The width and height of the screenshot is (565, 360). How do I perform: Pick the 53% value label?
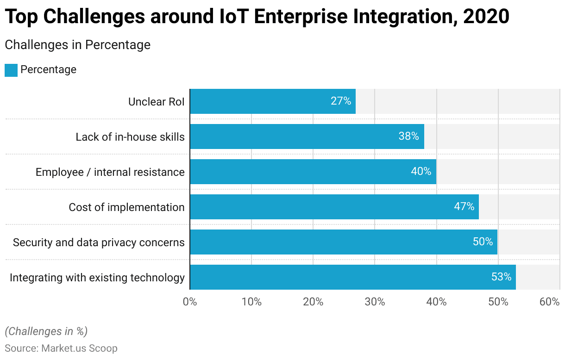[x=501, y=277]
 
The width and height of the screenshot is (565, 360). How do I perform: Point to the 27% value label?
[x=341, y=101]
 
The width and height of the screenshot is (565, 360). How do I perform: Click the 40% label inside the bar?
[x=421, y=172]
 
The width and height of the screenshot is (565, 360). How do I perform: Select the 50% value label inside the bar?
[x=483, y=242]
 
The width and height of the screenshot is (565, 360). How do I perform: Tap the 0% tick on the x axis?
[x=190, y=302]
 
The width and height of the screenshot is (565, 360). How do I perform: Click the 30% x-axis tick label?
[x=375, y=302]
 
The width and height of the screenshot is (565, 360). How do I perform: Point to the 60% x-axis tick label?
[x=550, y=302]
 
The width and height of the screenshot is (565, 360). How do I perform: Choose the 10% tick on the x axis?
[x=251, y=302]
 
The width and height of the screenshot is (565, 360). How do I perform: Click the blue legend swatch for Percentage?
[x=11, y=70]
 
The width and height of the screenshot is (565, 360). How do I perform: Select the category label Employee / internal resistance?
[x=110, y=172]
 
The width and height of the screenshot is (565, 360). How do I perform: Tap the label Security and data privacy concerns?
[x=99, y=242]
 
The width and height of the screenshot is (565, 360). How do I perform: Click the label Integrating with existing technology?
[x=97, y=278]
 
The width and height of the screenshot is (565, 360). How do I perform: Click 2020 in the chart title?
[x=486, y=17]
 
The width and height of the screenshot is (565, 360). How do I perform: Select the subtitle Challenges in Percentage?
[x=77, y=45]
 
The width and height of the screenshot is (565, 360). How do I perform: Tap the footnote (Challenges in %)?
[x=46, y=331]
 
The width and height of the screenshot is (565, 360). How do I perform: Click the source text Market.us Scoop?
[x=79, y=348]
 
